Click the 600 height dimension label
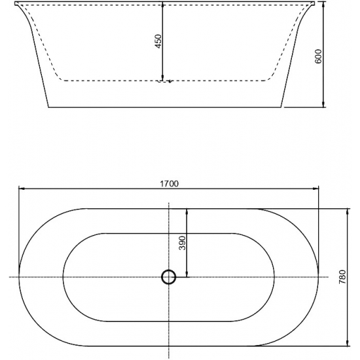pos(319,57)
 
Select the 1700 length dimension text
pos(169,183)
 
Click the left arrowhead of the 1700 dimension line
pos(21,189)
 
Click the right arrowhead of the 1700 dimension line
pos(317,189)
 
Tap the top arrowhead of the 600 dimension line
pos(324,5)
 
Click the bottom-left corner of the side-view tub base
pos(48,107)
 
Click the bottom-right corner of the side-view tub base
pos(283,107)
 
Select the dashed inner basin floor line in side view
pos(111,81)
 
